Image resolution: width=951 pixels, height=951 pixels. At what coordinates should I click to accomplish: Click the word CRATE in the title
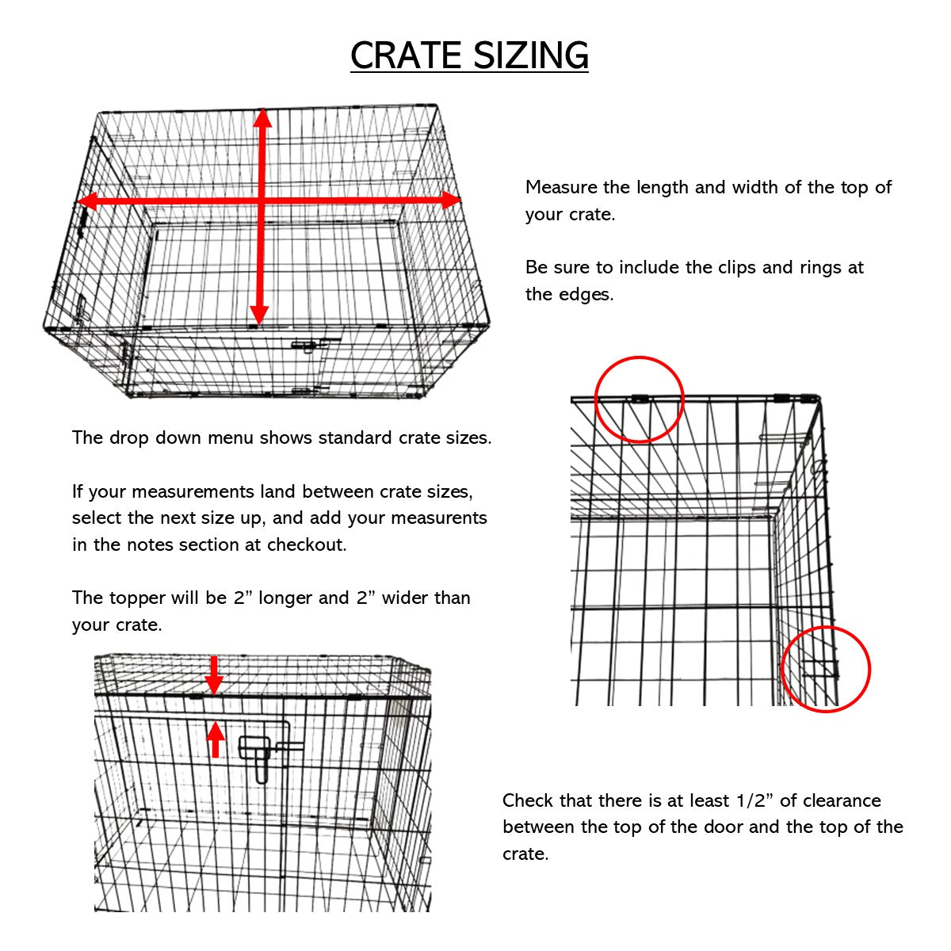click(406, 55)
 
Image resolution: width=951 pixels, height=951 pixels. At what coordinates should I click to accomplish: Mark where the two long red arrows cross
click(262, 201)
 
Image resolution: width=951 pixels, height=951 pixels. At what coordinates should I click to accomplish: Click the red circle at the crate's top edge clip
click(639, 399)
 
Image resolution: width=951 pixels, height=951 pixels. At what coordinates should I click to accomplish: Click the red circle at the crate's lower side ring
click(826, 669)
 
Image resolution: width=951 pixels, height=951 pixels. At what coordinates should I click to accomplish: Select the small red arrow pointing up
click(215, 739)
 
